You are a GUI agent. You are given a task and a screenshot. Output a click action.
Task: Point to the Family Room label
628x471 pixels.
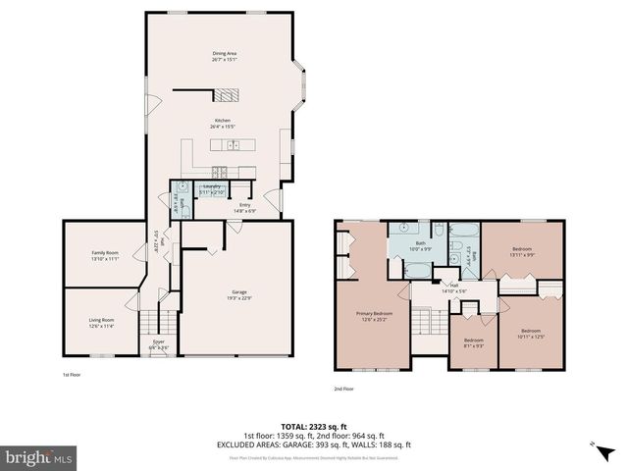(x=105, y=254)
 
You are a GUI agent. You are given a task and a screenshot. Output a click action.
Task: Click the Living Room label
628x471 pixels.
(x=102, y=322)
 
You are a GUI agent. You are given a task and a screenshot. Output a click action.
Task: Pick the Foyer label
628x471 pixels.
(x=158, y=344)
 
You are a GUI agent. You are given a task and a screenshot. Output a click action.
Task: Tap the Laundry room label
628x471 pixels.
(x=211, y=187)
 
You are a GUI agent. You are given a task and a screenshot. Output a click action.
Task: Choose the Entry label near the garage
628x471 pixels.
(x=244, y=207)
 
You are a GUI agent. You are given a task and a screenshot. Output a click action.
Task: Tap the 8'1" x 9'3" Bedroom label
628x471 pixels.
(x=473, y=343)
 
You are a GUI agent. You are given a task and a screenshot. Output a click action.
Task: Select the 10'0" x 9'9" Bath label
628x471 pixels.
(x=420, y=245)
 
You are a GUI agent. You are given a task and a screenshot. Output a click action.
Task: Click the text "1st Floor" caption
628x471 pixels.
(x=74, y=376)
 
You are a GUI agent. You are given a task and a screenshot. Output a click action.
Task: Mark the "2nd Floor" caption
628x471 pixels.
(x=343, y=389)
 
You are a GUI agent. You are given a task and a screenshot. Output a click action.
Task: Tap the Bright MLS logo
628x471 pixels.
(x=39, y=457)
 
